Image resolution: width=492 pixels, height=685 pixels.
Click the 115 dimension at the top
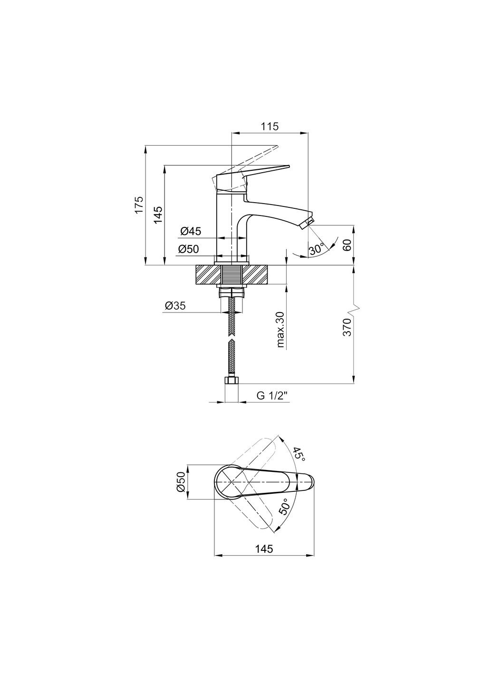point(270,127)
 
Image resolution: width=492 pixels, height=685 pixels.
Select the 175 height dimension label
point(138,205)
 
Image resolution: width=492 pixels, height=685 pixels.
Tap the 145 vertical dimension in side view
point(158,215)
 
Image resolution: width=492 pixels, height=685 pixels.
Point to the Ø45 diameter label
point(191,232)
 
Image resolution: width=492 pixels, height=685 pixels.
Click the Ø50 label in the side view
point(189,249)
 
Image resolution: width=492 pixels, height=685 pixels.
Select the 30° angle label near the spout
point(316,249)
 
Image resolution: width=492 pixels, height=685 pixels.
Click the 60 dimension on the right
point(347,245)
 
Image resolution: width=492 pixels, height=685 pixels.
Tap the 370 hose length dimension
point(347,328)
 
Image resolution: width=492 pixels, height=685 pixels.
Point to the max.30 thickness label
point(280,330)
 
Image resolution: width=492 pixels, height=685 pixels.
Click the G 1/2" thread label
point(272,395)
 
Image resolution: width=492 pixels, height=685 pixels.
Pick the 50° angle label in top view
point(284,507)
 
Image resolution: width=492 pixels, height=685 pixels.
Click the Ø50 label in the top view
point(181,482)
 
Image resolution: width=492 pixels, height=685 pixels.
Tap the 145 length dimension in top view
point(264,548)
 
